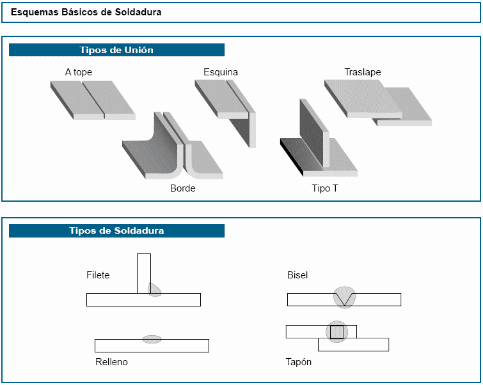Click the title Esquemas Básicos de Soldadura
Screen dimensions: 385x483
86,12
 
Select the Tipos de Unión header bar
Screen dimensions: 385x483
116,50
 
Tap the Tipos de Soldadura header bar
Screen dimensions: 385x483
116,230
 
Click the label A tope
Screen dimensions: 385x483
79,72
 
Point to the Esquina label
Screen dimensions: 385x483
221,72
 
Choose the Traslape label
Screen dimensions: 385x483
362,72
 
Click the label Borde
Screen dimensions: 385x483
182,188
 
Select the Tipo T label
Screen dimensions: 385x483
325,188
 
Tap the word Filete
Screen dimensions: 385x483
98,275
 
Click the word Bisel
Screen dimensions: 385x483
297,275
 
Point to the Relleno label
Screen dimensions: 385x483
111,362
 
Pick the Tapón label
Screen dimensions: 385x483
299,362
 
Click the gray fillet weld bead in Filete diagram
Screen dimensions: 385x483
154,289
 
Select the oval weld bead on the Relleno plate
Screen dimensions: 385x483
152,339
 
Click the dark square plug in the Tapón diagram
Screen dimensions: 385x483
337,332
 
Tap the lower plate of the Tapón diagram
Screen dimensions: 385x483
368,345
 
